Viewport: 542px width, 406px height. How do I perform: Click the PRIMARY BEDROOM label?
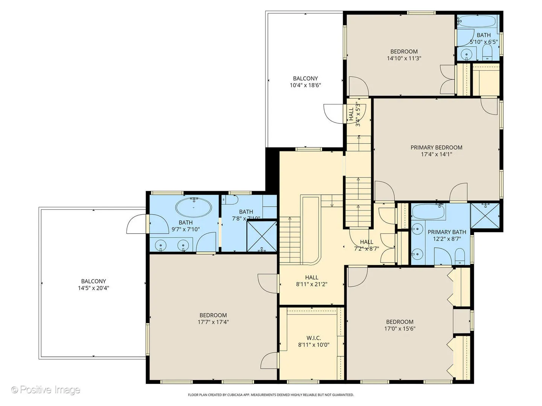point(436,147)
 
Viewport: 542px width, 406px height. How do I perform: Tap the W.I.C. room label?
point(314,338)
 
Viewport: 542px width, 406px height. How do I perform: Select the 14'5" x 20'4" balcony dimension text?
point(93,288)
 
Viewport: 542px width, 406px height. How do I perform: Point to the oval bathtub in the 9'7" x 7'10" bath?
point(193,208)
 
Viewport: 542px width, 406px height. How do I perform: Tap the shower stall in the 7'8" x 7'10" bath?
point(262,236)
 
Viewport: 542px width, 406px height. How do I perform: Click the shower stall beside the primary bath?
point(485,216)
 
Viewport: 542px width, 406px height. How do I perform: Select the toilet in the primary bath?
point(460,256)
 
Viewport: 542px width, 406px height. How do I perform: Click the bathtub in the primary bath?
point(428,212)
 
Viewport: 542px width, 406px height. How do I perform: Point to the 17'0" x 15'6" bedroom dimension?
point(400,329)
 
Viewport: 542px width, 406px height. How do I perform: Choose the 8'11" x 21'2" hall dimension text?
point(312,284)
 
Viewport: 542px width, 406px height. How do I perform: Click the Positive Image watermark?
point(46,390)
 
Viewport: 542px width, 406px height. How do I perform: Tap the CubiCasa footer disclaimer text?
point(271,395)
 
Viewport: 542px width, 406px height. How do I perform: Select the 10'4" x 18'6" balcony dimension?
point(305,85)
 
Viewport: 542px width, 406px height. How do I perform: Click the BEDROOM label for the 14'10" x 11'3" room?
point(404,52)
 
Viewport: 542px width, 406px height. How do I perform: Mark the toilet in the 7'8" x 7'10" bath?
point(230,200)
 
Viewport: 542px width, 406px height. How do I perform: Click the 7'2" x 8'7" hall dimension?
point(367,248)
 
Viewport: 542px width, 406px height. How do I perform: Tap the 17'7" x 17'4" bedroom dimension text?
point(213,322)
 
